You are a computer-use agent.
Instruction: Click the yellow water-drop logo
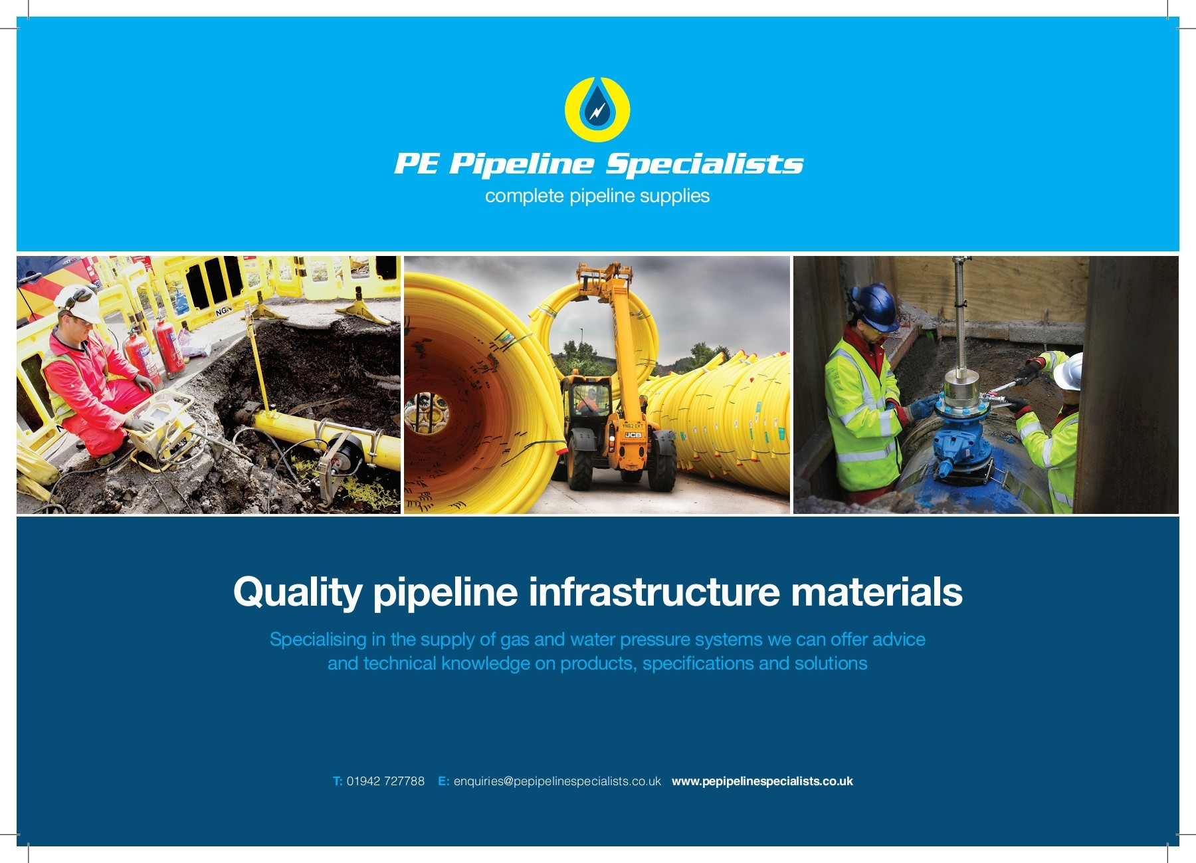[597, 110]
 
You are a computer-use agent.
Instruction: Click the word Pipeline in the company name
[521, 164]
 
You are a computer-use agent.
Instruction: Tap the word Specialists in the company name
[704, 164]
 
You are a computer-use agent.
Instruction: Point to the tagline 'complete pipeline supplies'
[597, 196]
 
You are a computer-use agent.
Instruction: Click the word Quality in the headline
[297, 592]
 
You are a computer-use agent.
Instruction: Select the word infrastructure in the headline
[654, 592]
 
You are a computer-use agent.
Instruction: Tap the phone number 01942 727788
[385, 781]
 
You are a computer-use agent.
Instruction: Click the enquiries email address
[557, 781]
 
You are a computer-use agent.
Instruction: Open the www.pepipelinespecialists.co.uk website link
[762, 781]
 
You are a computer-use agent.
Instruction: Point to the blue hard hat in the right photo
[876, 306]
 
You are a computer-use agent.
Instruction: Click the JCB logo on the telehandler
[633, 435]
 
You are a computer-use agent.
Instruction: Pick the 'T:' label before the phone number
[338, 781]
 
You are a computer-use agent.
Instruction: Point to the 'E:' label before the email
[443, 781]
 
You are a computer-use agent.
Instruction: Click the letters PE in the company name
[417, 164]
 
